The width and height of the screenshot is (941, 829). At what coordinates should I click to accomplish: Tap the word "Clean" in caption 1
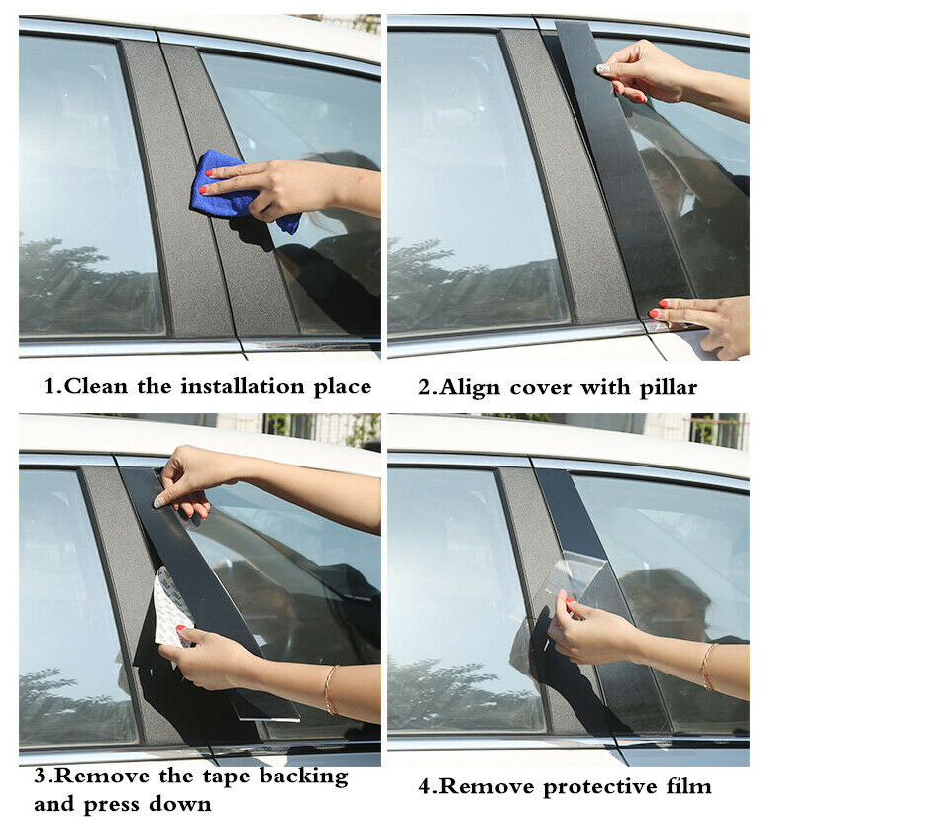point(95,386)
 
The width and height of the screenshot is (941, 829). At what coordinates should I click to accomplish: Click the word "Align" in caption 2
point(470,388)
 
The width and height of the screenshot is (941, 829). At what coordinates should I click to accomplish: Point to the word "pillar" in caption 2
point(668,388)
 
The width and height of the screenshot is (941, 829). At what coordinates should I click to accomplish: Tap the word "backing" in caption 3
point(304,777)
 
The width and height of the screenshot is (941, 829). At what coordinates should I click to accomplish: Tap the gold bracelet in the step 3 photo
point(329,689)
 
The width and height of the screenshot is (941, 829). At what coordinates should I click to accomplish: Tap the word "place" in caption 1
point(343,387)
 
